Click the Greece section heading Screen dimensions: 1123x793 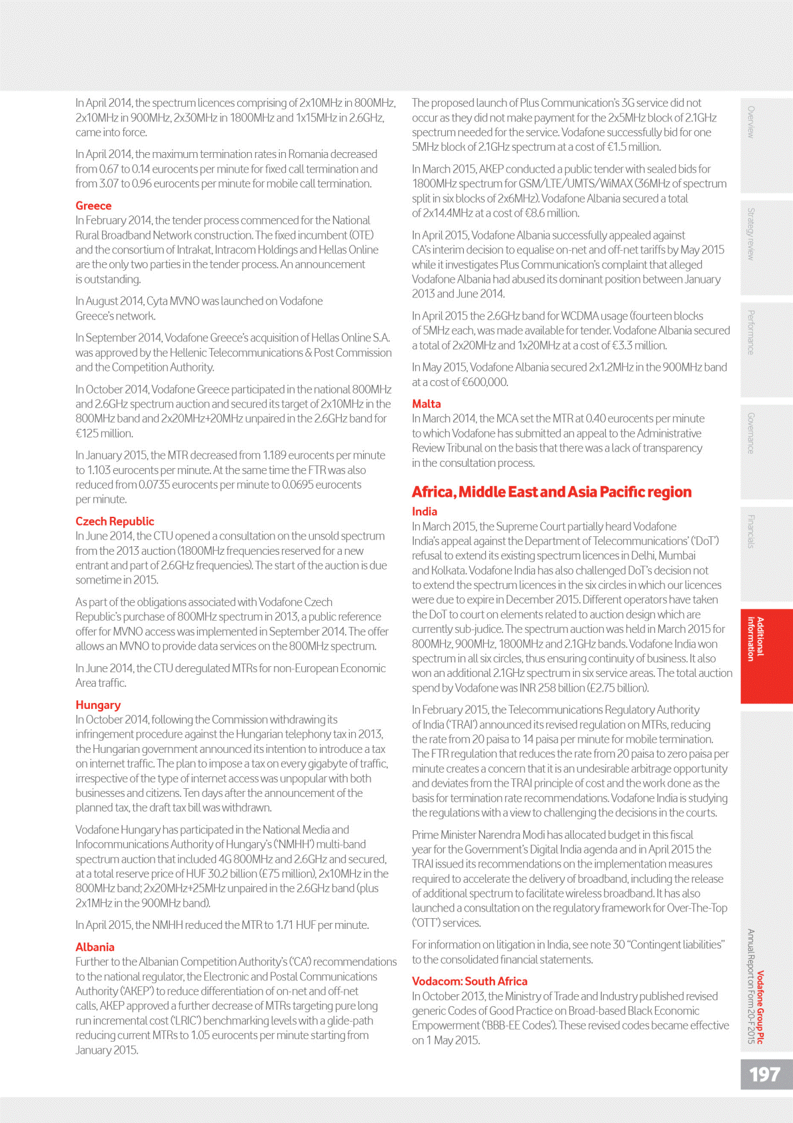93,206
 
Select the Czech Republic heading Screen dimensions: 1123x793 115,521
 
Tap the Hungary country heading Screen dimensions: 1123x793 98,705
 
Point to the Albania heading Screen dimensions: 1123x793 95,947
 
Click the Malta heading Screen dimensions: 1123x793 426,404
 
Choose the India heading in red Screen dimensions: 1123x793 424,511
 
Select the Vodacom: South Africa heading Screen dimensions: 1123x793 469,982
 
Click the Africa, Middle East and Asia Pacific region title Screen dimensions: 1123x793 552,492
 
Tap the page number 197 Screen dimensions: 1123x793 764,1074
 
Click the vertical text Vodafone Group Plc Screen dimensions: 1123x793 760,1007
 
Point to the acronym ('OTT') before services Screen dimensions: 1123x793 426,923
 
